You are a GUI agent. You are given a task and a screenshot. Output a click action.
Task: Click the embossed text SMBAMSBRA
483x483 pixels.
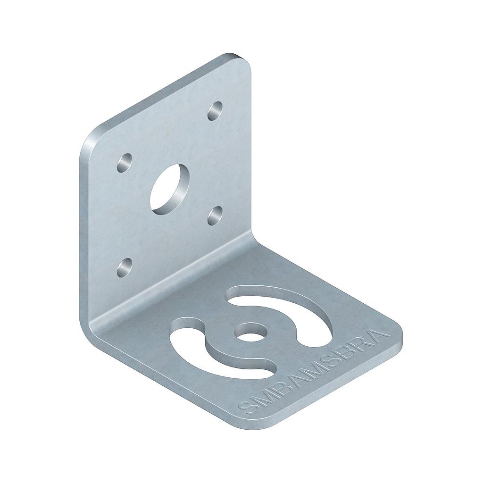click(314, 373)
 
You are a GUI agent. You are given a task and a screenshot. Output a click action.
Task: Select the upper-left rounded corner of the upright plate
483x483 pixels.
click(92, 137)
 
